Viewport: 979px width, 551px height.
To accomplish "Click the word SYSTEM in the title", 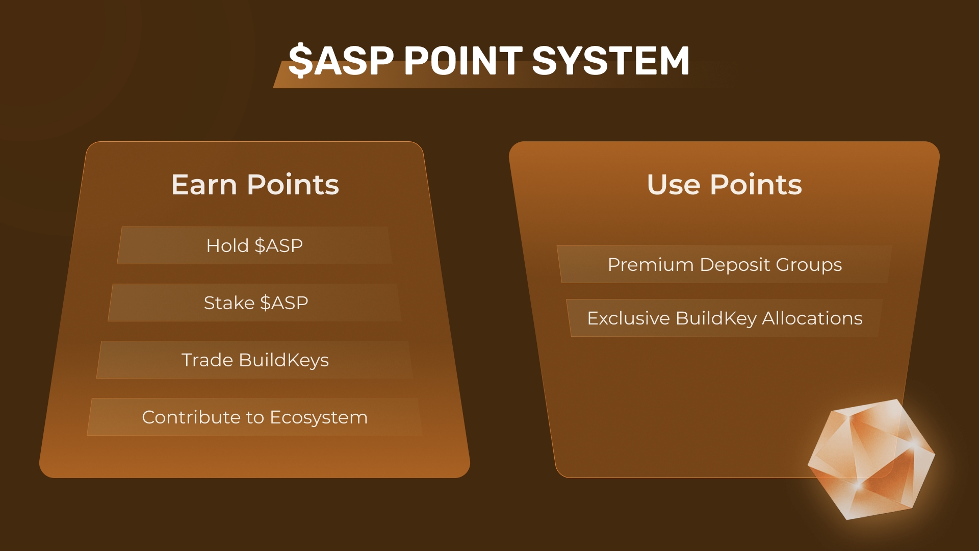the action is pos(611,60).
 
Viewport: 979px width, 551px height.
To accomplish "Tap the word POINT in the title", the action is pos(463,60).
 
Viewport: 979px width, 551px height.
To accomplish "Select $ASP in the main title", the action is pos(341,60).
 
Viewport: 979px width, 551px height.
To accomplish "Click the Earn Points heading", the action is pos(255,185).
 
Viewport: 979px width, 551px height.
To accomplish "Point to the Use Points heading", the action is pos(724,185).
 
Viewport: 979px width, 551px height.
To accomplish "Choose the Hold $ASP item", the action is pos(254,245).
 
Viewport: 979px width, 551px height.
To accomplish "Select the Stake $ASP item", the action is pos(255,303).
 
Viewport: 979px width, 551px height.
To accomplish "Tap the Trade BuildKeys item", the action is pos(255,360).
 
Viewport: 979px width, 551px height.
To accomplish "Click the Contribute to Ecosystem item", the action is pos(255,417).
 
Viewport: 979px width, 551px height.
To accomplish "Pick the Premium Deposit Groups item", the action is pos(725,264).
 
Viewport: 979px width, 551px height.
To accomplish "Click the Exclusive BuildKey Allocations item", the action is pos(725,318).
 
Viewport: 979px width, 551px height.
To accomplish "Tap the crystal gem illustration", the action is pos(871,459).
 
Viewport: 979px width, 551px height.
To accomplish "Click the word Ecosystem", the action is pos(319,417).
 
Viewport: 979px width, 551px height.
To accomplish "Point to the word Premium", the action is pos(651,265).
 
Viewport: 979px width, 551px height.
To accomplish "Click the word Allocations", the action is pos(812,318).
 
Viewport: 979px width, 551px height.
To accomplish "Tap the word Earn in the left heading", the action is pos(204,185).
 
